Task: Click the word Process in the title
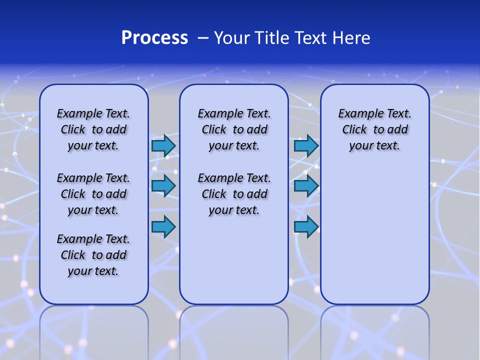tap(154, 38)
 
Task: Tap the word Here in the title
tap(351, 38)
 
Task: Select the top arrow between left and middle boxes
tap(163, 145)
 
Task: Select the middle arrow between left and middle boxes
tap(163, 186)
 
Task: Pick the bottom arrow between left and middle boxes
tap(163, 227)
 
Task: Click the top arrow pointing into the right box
tap(306, 145)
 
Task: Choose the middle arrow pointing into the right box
tap(306, 186)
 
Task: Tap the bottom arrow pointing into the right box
tap(306, 226)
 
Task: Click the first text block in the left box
tap(93, 129)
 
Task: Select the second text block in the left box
tap(93, 194)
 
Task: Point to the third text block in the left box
tap(93, 255)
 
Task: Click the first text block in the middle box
tap(234, 129)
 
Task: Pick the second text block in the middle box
tap(234, 194)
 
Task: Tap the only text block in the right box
tap(374, 129)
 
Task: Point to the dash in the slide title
tap(203, 38)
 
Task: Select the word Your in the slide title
tap(232, 38)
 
